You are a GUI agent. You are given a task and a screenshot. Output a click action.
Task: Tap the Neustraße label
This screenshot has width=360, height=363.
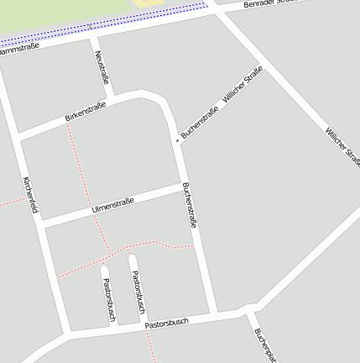click(102, 66)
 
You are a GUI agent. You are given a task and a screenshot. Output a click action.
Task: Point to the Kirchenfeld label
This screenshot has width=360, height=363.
click(30, 195)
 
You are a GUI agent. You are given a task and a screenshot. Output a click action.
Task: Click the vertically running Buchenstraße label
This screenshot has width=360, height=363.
click(190, 207)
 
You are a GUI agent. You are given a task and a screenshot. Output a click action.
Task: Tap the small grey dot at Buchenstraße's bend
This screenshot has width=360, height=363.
click(177, 139)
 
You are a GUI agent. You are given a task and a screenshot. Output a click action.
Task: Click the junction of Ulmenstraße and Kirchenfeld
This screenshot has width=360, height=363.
click(39, 224)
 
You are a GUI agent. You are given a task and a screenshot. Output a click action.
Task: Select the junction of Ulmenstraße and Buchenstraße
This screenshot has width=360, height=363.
click(184, 186)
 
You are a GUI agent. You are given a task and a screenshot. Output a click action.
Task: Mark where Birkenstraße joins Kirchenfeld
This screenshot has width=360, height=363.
click(18, 135)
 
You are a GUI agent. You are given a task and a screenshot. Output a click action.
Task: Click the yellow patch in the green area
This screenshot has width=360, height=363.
click(149, 3)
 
